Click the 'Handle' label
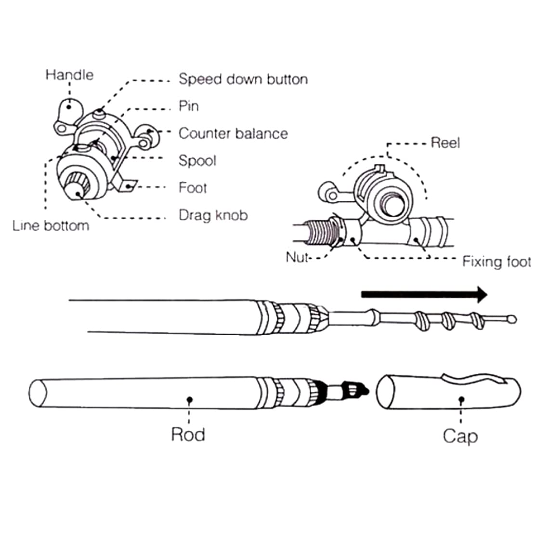pos(69,75)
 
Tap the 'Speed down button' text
pos(243,79)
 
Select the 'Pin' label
pos(188,106)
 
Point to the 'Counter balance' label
pos(233,133)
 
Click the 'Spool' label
pos(197,161)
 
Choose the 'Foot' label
pos(193,188)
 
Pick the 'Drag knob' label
pos(213,215)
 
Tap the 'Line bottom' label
pos(51,225)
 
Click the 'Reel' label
pos(445,143)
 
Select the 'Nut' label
pos(297,257)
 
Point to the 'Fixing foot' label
pos(497,261)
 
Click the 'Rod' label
pos(188,434)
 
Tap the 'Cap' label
pos(460,436)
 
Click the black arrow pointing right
pos(424,294)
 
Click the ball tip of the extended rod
pos(512,320)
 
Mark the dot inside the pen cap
pos(461,399)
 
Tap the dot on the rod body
pos(190,399)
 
